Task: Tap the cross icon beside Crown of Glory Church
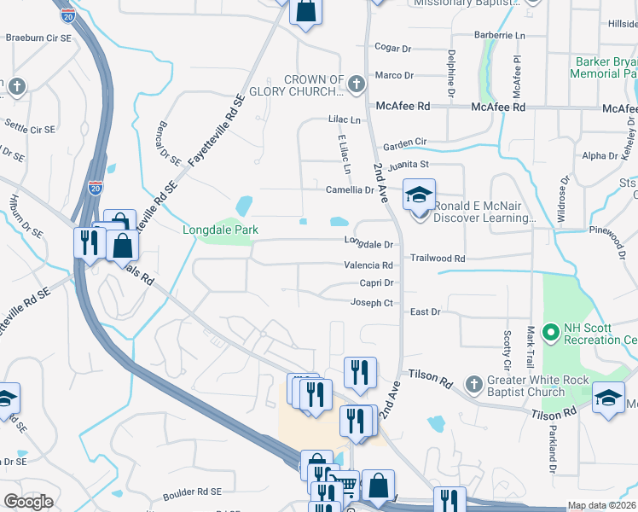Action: pyautogui.click(x=357, y=84)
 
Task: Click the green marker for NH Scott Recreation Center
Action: pyautogui.click(x=551, y=329)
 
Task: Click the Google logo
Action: pyautogui.click(x=27, y=502)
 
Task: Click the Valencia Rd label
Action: pyautogui.click(x=368, y=265)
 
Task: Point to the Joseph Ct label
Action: pyautogui.click(x=372, y=303)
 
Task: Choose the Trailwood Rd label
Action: pyautogui.click(x=438, y=258)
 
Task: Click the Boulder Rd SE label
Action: pyautogui.click(x=193, y=492)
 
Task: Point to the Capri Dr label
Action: pyautogui.click(x=376, y=282)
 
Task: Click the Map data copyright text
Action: pyautogui.click(x=602, y=505)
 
